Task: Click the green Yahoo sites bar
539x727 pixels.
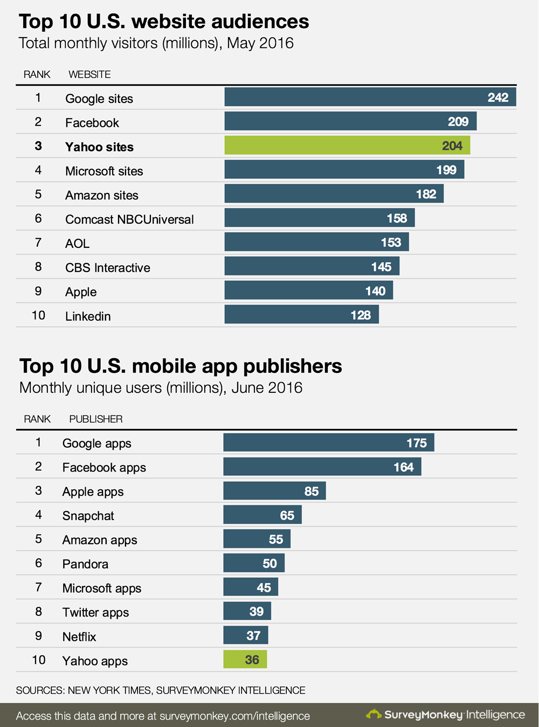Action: (x=347, y=146)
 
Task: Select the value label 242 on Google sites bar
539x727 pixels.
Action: (x=497, y=98)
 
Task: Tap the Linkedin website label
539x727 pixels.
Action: (x=88, y=316)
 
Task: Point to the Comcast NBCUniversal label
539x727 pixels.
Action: (x=129, y=219)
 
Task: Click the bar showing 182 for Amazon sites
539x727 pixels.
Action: (x=334, y=194)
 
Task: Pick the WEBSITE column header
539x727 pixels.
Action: (x=89, y=74)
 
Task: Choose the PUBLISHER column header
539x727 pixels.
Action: (x=96, y=419)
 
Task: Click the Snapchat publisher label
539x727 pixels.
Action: (x=88, y=516)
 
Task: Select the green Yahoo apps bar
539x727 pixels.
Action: (x=245, y=660)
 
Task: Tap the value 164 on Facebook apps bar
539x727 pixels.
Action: (x=403, y=467)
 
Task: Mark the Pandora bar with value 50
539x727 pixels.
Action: (x=254, y=563)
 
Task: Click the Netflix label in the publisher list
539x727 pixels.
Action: (x=79, y=637)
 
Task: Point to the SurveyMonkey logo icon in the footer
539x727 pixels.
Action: (x=374, y=715)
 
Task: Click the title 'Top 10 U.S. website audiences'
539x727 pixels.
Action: (x=164, y=22)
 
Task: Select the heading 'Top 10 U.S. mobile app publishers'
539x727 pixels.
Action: (x=181, y=366)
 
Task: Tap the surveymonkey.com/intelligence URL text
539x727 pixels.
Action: (x=234, y=716)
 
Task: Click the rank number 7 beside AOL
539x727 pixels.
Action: (x=38, y=243)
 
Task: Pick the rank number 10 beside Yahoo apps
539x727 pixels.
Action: (x=39, y=660)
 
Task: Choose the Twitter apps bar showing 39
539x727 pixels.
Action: (x=247, y=611)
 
